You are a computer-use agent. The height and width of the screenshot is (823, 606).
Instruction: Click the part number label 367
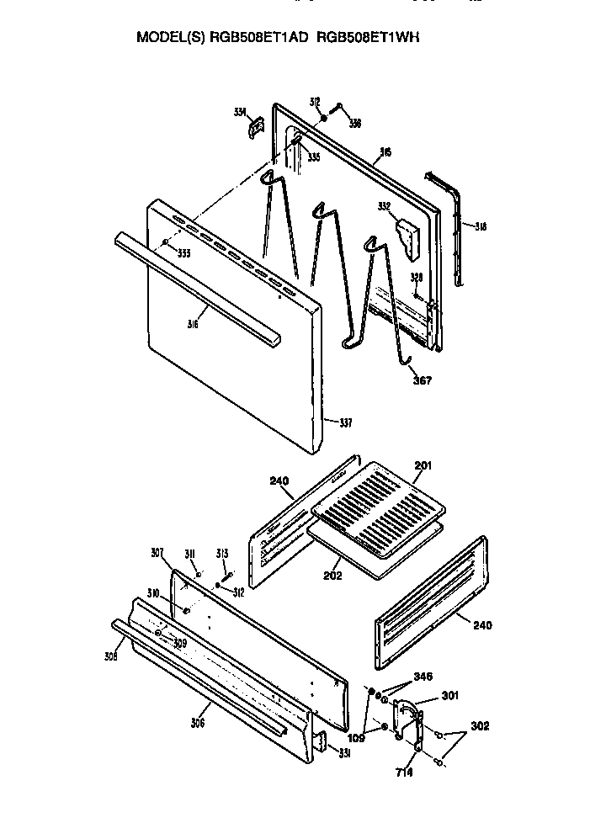click(422, 380)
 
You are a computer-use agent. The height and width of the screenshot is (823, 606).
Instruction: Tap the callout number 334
click(241, 112)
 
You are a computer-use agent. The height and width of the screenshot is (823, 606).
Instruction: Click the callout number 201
click(423, 465)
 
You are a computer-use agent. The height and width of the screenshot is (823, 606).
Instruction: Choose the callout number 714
click(405, 773)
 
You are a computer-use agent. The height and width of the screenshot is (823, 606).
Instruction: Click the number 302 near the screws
click(480, 725)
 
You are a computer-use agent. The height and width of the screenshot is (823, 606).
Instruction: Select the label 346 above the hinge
click(423, 676)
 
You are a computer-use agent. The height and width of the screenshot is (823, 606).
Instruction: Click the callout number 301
click(451, 696)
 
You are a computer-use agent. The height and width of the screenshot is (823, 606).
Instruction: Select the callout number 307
click(157, 553)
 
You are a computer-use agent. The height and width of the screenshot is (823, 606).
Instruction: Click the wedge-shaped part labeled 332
click(408, 238)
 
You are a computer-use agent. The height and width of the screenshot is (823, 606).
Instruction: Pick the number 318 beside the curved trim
click(481, 226)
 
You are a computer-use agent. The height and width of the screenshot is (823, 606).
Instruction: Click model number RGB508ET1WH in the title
click(374, 38)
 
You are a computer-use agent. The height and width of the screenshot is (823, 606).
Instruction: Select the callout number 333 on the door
click(183, 252)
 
